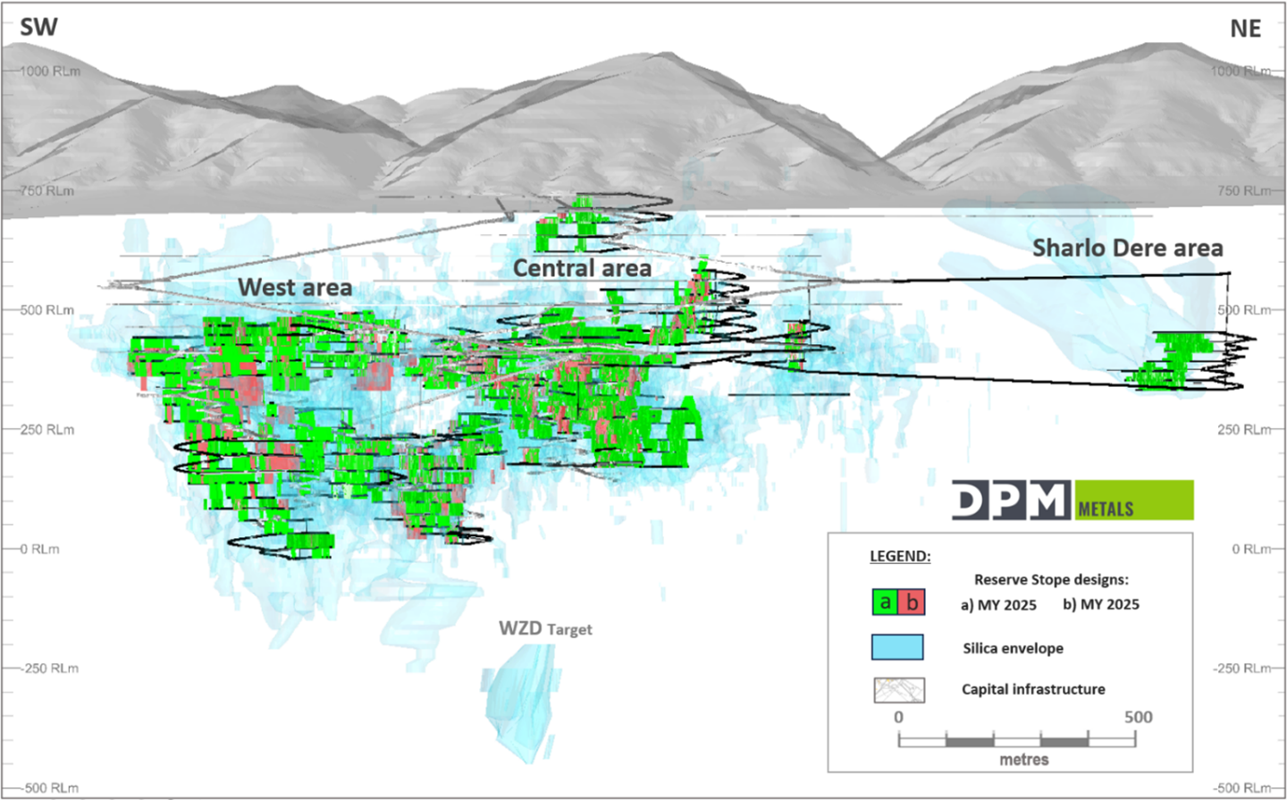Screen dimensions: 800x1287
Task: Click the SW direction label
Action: click(x=38, y=27)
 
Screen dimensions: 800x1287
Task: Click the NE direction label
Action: click(x=1245, y=29)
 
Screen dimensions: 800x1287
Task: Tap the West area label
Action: click(x=295, y=288)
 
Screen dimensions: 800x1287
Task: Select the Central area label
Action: click(x=582, y=268)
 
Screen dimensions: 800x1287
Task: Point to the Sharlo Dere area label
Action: click(x=1127, y=248)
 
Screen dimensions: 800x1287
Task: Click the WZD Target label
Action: click(x=545, y=628)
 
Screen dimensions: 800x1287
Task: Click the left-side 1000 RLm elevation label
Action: click(x=49, y=71)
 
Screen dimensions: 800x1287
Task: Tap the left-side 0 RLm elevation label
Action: click(x=39, y=549)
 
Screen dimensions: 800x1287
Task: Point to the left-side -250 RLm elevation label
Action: click(x=50, y=669)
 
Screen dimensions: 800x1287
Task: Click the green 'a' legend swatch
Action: click(x=885, y=602)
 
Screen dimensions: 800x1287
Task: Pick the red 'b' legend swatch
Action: click(x=912, y=602)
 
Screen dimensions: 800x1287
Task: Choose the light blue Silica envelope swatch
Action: click(x=897, y=647)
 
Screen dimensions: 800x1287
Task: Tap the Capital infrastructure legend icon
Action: click(x=899, y=689)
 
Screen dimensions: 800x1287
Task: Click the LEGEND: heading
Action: click(x=900, y=556)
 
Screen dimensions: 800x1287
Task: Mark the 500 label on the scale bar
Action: click(x=1138, y=717)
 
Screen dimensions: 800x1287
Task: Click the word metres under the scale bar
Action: click(x=1023, y=759)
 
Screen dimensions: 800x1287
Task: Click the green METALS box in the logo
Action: click(x=1133, y=501)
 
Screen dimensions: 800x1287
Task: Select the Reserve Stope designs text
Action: click(x=1051, y=579)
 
